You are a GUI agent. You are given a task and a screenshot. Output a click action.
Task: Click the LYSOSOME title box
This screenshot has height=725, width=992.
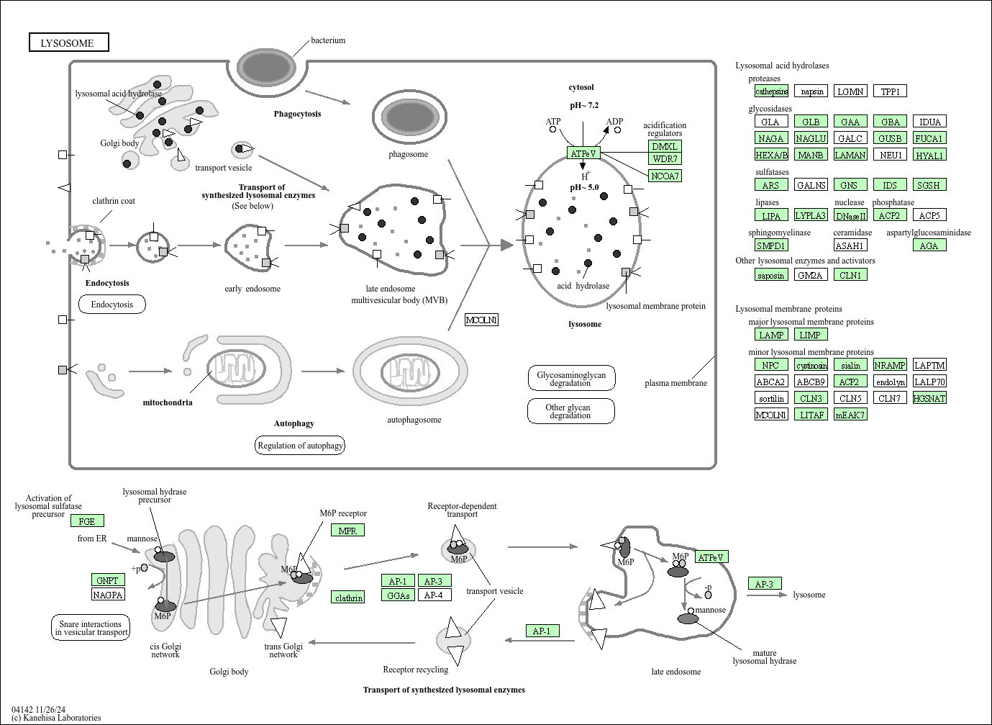pos(68,42)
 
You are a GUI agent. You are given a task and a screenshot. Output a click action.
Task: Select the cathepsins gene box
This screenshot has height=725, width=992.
pos(771,91)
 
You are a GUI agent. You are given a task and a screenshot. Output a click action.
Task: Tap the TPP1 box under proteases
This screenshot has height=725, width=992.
pos(890,91)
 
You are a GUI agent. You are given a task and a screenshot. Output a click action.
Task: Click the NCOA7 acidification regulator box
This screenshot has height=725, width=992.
pos(665,176)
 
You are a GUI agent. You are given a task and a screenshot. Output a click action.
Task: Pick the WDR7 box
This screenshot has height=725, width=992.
pos(665,158)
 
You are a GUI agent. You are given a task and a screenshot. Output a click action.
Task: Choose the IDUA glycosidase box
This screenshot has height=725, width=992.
pos(929,122)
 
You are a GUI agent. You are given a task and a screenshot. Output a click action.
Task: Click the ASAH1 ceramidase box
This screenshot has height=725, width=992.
pos(850,246)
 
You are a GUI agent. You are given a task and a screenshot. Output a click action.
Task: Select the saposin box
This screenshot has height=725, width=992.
pos(771,275)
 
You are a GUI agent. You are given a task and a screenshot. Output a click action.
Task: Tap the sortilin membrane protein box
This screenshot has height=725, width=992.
pos(771,398)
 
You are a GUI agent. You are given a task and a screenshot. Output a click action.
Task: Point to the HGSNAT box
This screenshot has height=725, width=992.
pos(929,398)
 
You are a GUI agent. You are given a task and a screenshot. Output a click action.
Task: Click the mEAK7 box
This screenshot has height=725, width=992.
pos(850,415)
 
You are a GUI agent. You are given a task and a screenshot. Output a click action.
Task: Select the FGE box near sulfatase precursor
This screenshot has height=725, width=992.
pos(87,521)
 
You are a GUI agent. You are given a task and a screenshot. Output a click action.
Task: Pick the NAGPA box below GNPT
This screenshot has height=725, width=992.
pos(108,594)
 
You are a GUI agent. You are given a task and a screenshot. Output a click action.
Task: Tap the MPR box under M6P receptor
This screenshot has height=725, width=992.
pos(347,531)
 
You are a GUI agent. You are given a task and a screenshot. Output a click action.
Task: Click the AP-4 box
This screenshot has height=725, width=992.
pos(434,595)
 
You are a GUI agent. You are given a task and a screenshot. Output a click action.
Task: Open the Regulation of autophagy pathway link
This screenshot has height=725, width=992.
pos(300,446)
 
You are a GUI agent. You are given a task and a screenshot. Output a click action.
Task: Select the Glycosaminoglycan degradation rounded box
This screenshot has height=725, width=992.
pos(571,379)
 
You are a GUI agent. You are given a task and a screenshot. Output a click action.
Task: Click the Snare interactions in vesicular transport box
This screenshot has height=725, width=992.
pos(91,628)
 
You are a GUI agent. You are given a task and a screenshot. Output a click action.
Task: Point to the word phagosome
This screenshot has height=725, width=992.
pos(409,154)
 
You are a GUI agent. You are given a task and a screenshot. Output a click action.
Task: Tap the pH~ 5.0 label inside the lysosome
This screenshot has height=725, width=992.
pos(584,187)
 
